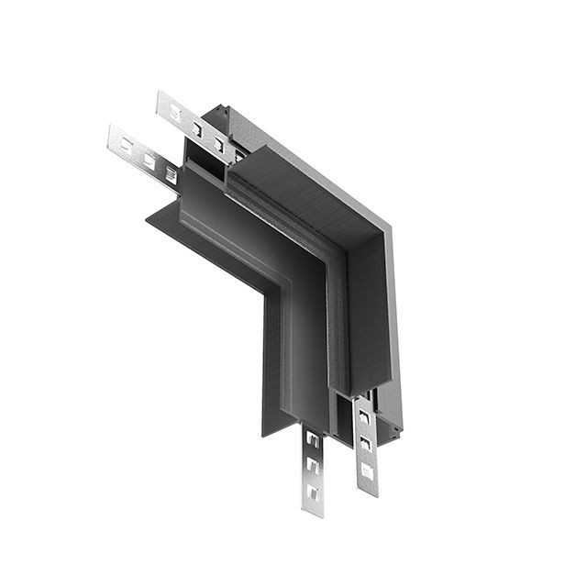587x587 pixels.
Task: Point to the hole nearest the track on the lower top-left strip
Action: [171, 172]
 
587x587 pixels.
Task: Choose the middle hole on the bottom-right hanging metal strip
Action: [366, 445]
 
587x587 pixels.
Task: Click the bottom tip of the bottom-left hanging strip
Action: [314, 512]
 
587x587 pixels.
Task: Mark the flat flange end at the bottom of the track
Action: [275, 431]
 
